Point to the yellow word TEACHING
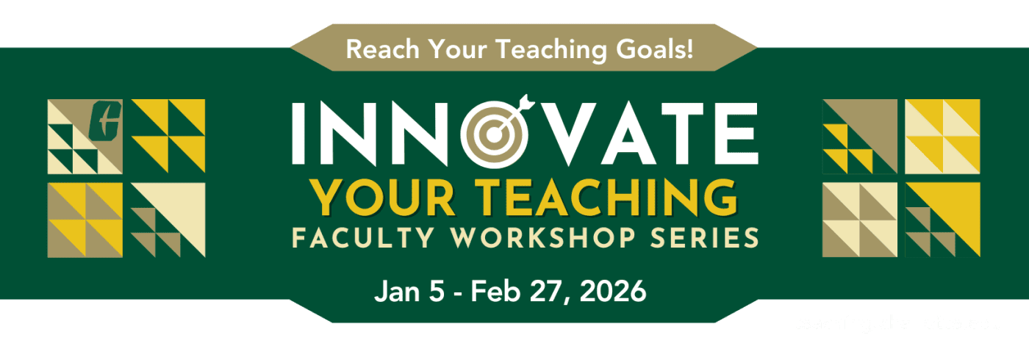pos(587,195)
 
